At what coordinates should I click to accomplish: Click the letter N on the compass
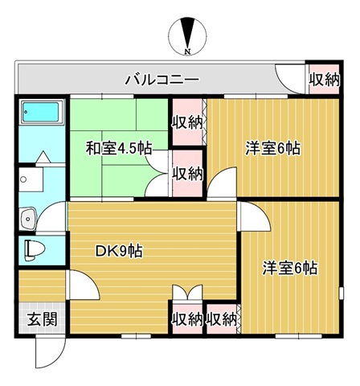(x=188, y=51)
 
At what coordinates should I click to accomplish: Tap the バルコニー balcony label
(x=163, y=80)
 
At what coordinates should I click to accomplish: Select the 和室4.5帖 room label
(x=119, y=148)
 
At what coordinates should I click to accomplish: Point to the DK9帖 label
(x=119, y=251)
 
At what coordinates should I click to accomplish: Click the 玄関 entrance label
(x=43, y=319)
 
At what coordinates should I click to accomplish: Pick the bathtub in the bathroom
(x=41, y=112)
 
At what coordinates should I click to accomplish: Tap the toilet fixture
(x=34, y=250)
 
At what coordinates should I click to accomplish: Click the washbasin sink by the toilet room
(x=28, y=218)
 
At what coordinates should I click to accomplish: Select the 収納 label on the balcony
(x=325, y=80)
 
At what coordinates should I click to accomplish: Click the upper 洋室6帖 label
(x=273, y=148)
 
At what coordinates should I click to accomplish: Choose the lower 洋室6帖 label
(x=290, y=268)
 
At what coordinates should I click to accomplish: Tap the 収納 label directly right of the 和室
(x=187, y=175)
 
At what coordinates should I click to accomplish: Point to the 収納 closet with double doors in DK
(x=187, y=319)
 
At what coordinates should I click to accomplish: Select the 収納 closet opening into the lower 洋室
(x=222, y=319)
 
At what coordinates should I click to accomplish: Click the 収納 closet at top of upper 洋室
(x=187, y=122)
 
